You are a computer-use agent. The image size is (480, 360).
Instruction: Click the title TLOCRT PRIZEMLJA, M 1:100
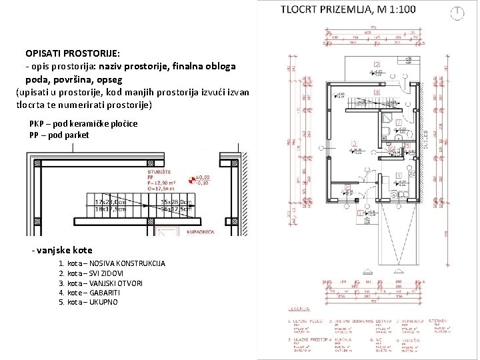(348, 10)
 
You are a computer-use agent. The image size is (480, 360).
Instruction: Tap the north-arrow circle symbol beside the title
(457, 13)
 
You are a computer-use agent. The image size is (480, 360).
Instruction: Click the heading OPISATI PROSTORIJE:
(73, 53)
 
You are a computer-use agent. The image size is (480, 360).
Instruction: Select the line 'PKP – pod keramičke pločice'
(83, 124)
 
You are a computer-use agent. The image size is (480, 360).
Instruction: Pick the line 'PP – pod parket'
(59, 135)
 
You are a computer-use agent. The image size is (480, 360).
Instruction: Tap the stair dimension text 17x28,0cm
(111, 201)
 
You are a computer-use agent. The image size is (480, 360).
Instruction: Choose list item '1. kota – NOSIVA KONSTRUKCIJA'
(112, 264)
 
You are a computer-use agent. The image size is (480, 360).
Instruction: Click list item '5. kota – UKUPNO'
(89, 302)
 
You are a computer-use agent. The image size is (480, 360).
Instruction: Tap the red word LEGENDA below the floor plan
(299, 309)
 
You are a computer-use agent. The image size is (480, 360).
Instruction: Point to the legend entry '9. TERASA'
(442, 321)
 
